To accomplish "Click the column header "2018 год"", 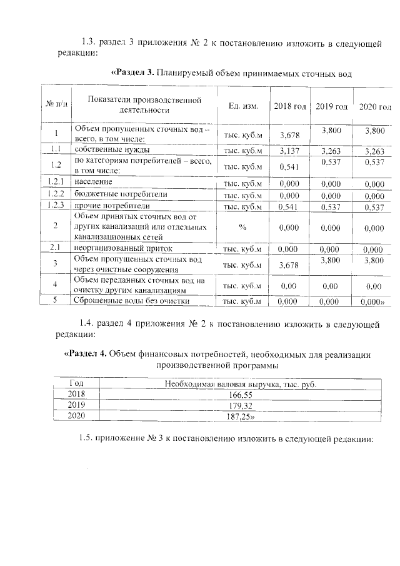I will pos(289,107).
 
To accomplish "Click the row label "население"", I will pos(93,182).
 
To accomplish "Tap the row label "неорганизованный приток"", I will pos(119,248).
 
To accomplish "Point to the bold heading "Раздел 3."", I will pos(132,73).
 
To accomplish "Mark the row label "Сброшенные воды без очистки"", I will pos(131,300).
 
